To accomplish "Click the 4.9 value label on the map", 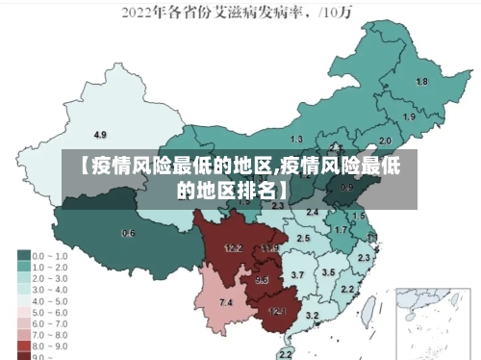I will tap(100, 134).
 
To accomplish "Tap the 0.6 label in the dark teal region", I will tap(128, 234).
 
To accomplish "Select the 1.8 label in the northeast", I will tap(421, 82).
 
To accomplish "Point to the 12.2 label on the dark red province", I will tap(233, 248).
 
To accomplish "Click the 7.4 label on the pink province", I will tap(226, 303).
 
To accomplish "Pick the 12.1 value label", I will tap(277, 311).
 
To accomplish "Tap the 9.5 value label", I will tap(262, 280).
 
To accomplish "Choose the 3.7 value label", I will tap(297, 275).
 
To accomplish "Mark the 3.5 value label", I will tap(328, 272).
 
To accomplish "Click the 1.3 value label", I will tap(296, 140).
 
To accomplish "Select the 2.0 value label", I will tap(385, 141).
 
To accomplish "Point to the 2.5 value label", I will tap(303, 238).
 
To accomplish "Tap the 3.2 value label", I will tap(312, 316).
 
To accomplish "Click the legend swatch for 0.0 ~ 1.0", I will tap(23, 256).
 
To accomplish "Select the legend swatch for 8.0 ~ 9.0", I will tap(23, 345).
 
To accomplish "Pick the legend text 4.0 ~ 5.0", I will tap(50, 299).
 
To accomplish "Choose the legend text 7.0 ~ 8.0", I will tap(50, 333).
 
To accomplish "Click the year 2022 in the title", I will tap(137, 13).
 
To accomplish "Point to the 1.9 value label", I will tap(409, 117).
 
